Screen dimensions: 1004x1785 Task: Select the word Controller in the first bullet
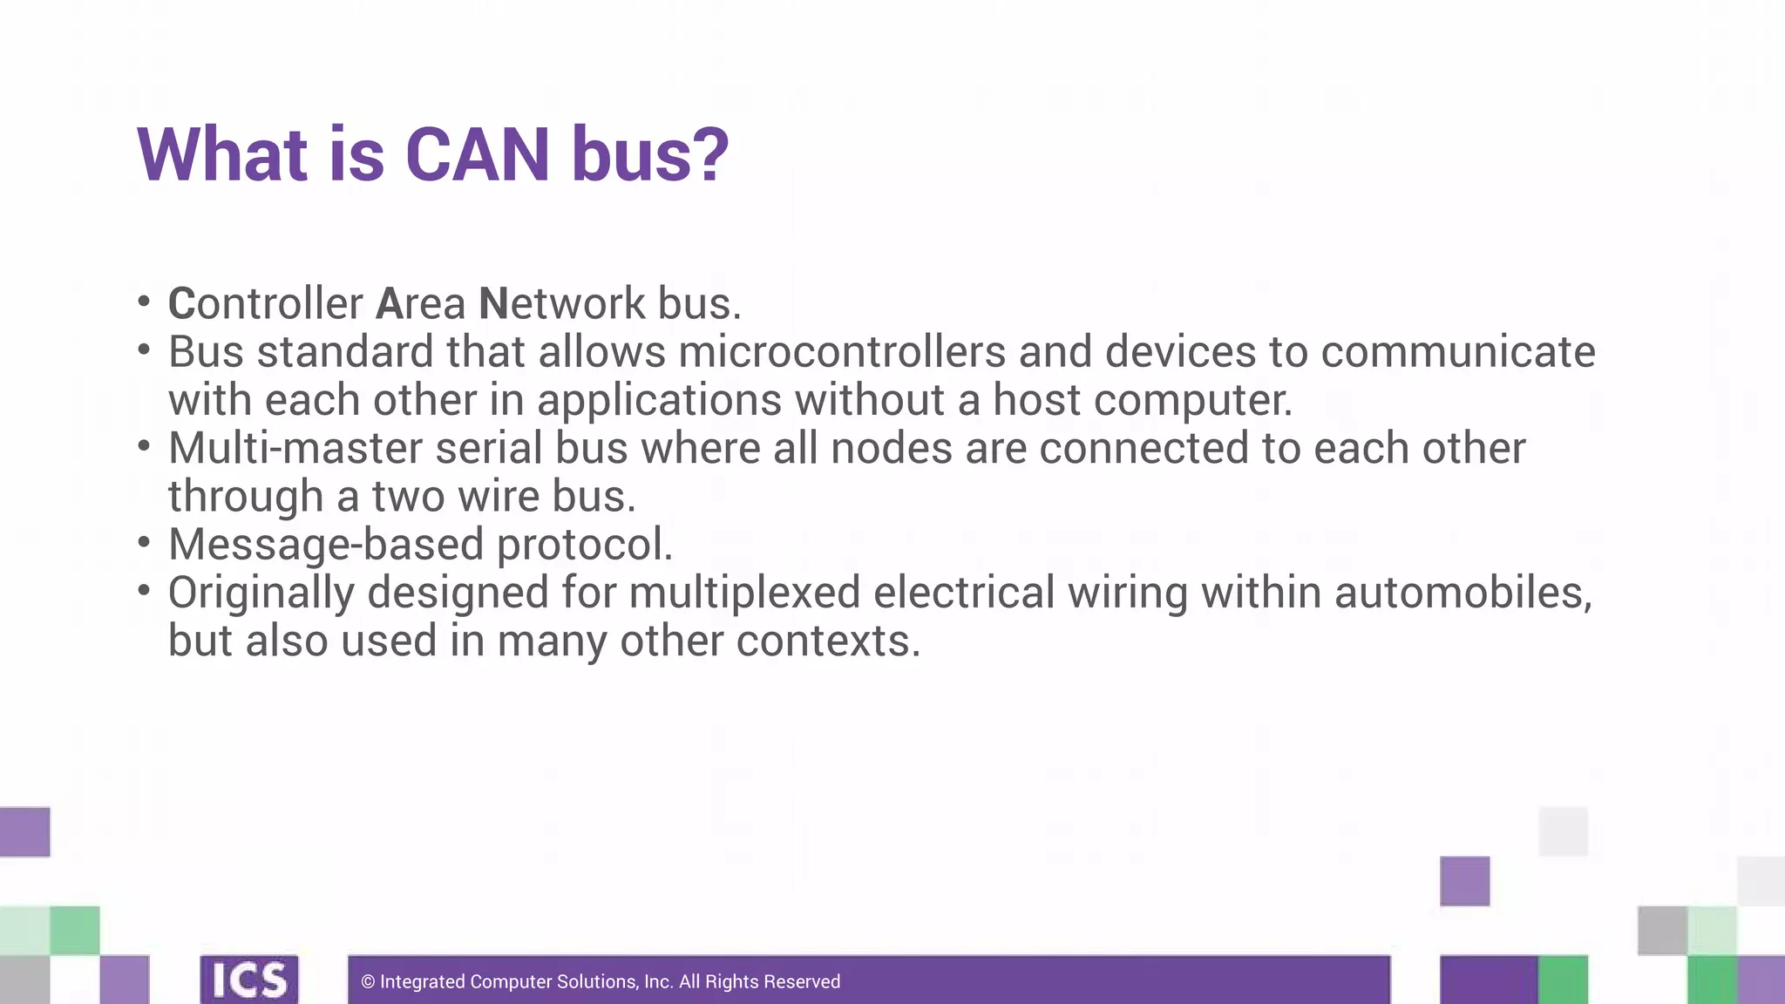pos(265,303)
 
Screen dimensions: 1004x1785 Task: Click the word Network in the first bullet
pos(562,303)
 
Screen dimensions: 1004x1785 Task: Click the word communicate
pos(1457,352)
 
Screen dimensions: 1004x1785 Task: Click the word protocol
pos(584,545)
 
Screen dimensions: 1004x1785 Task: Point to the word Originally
pos(261,593)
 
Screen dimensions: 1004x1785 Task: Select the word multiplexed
pos(744,593)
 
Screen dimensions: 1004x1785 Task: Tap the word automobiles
pos(1462,593)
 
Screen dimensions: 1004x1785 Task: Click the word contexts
pos(827,641)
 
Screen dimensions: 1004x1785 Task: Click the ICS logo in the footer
pos(249,980)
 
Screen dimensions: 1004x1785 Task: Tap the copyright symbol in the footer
pos(368,982)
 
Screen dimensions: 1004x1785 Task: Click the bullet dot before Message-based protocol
pos(144,542)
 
